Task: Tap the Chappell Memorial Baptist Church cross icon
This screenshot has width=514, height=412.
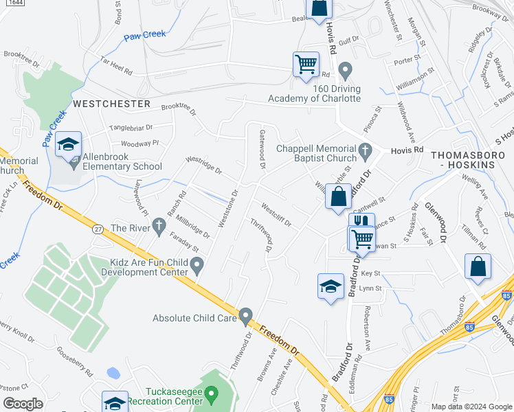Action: [366, 149]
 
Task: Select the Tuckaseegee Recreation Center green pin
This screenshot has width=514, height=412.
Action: [212, 395]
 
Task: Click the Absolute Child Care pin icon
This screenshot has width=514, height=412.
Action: [245, 317]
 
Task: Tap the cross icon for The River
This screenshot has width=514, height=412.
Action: [159, 225]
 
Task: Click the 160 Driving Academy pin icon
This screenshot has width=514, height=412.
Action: [345, 69]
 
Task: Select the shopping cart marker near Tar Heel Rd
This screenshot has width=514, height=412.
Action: [306, 65]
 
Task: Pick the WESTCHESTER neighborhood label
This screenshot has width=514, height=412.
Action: [111, 104]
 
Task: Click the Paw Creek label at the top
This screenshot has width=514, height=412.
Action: [146, 34]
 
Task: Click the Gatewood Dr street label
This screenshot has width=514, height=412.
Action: [262, 150]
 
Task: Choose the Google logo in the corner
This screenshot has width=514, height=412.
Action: [23, 404]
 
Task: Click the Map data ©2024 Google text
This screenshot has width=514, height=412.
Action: [471, 407]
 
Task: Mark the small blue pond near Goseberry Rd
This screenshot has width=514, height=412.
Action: [113, 374]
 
